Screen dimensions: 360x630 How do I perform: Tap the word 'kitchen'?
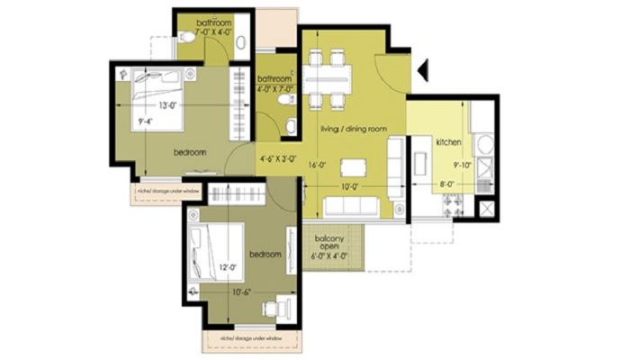(448, 142)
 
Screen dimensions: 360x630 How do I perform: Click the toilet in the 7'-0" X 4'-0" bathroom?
(186, 38)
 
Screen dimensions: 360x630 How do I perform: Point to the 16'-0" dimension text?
(315, 165)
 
